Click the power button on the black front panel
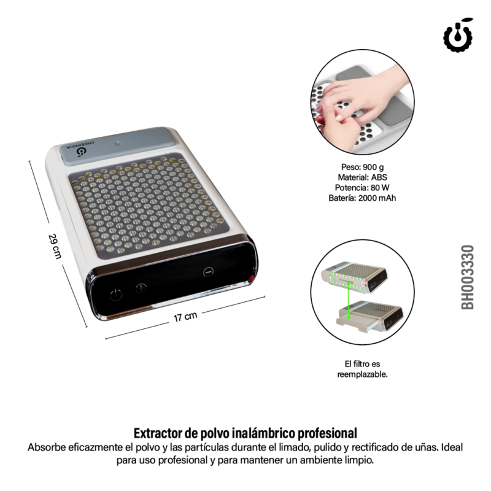coord(116,295)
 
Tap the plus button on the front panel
coord(141,288)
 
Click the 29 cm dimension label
coord(55,246)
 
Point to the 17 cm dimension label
coord(185,317)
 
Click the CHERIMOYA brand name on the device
coord(80,144)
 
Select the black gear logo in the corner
coord(458,35)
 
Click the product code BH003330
coord(467,277)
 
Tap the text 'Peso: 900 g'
coord(362,167)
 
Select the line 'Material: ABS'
coord(362,177)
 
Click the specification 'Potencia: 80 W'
coord(362,188)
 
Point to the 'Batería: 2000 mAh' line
coord(362,198)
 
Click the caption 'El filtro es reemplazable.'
coord(362,369)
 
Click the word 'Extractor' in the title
coord(158,433)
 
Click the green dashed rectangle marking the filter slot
coord(347,281)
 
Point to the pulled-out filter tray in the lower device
coord(355,320)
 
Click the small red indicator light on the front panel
coord(251,278)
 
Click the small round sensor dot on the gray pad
coord(117,144)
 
